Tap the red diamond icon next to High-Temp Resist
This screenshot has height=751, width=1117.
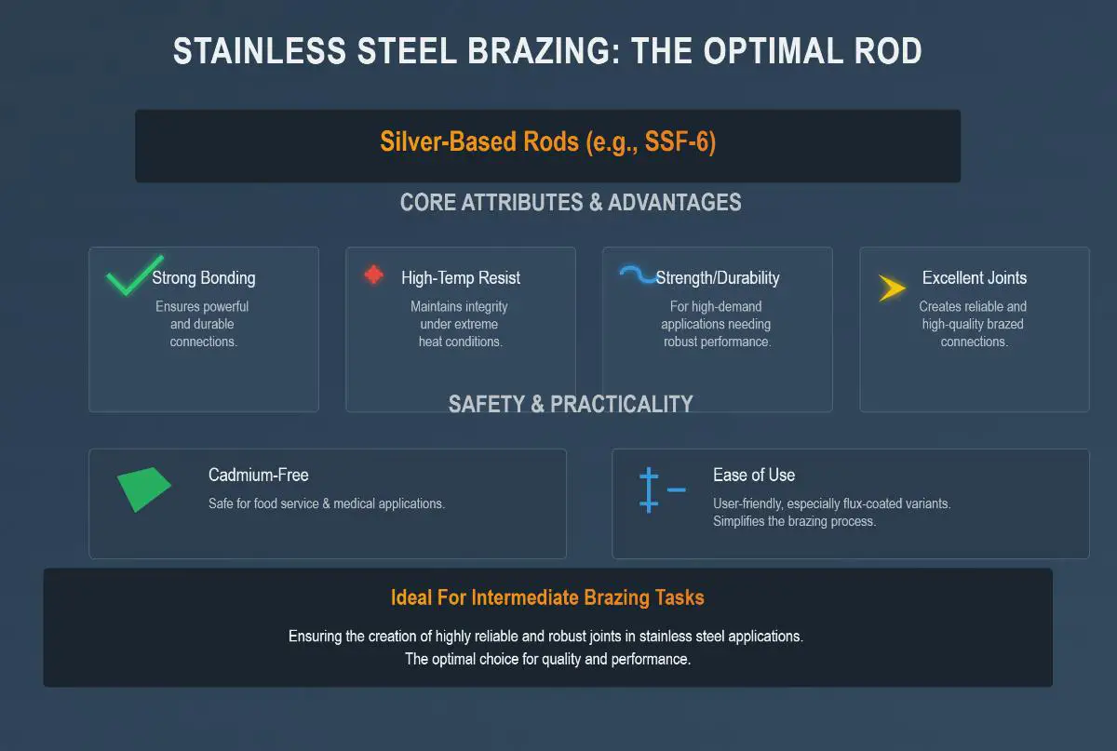373,275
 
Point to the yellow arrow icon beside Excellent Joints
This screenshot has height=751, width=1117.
892,288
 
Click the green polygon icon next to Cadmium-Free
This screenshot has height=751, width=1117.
143,489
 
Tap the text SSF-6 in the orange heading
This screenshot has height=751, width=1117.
678,141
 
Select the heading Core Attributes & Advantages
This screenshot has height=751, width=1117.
571,203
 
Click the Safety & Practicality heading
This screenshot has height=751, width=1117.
571,404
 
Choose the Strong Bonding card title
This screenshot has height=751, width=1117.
204,277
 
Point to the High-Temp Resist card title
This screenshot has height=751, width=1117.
461,277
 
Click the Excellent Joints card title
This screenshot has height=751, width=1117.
975,277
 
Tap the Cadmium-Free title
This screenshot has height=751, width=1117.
259,475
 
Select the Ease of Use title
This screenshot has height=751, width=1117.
754,475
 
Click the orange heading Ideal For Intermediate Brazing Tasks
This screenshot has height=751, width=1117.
547,597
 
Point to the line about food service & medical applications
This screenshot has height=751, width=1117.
327,503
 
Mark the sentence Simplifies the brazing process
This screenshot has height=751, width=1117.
794,521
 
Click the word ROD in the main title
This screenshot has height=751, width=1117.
888,51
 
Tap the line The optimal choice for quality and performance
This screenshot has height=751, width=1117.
547,659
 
